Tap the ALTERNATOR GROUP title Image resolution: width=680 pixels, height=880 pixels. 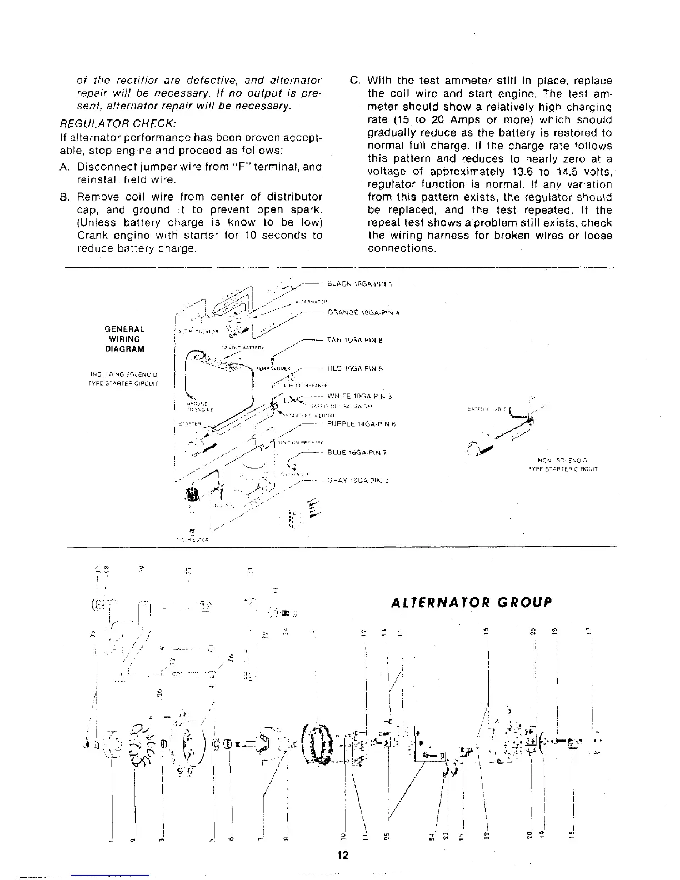472,603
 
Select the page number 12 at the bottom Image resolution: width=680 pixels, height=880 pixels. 342,855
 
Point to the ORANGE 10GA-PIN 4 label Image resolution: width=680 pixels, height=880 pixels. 364,312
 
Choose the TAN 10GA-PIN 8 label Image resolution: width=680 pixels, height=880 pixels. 355,340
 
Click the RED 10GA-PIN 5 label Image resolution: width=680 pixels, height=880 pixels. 355,368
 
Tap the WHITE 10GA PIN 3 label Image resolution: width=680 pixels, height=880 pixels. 360,396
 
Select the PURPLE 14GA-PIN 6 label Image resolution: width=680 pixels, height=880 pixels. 361,424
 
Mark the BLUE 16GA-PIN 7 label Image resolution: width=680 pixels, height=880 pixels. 357,452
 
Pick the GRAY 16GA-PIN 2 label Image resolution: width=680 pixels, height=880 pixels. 357,480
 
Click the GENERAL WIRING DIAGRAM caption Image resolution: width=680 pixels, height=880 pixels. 124,339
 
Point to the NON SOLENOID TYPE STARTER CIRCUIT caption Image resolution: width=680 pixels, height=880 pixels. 563,464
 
